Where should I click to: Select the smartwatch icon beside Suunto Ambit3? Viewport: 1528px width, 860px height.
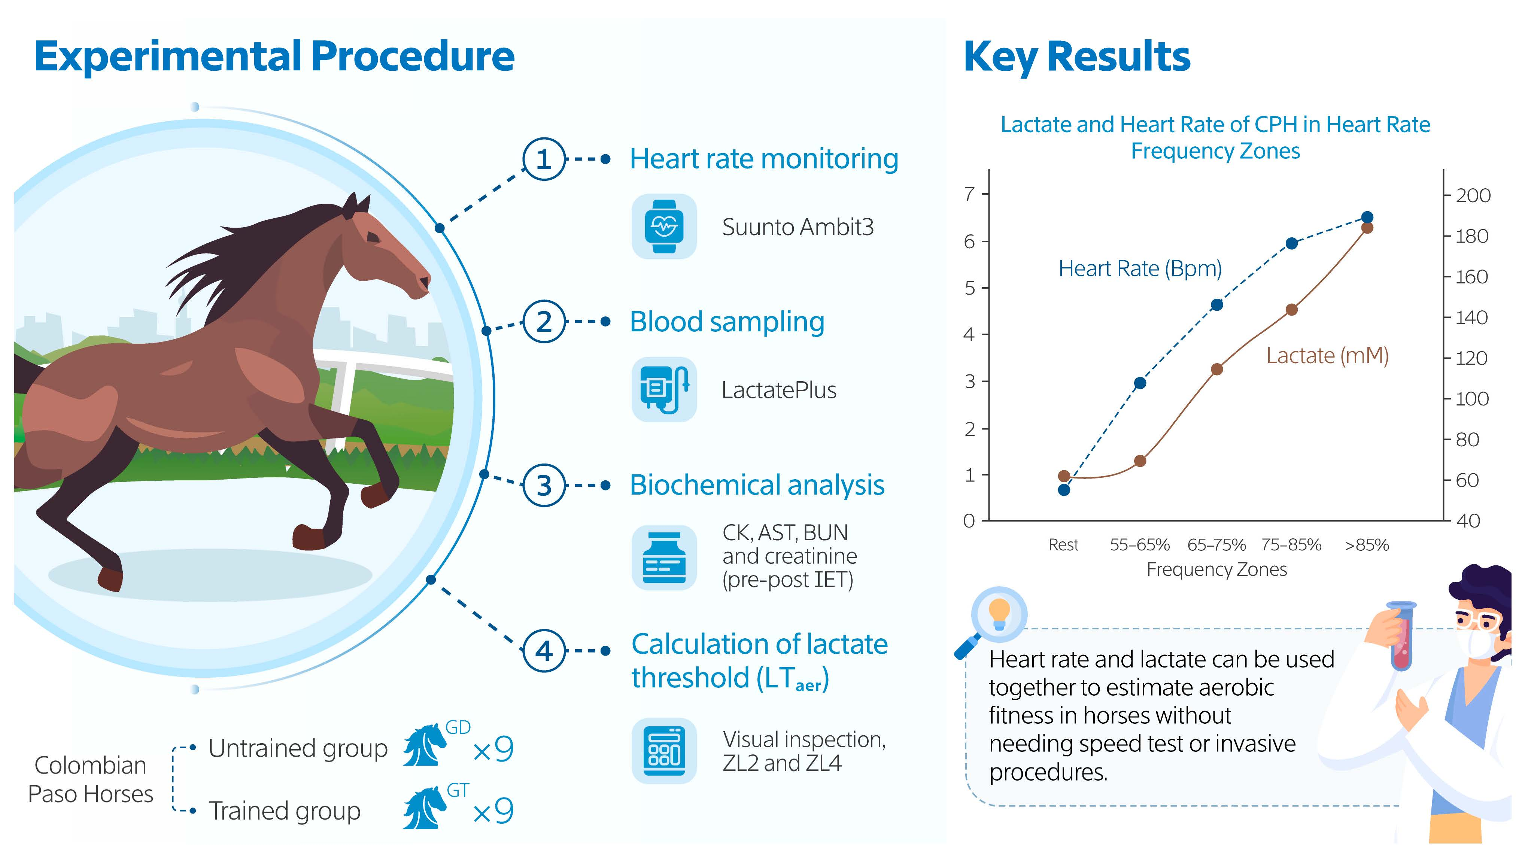click(664, 227)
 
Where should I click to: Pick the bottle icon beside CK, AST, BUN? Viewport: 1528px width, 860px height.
click(664, 557)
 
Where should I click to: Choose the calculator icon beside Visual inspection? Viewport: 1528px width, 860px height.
click(664, 750)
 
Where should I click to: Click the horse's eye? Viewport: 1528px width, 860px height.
click(373, 238)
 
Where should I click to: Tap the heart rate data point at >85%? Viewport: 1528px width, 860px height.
click(1367, 217)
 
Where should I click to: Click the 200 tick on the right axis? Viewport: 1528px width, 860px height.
click(1472, 195)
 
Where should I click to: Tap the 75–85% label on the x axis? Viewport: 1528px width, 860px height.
click(1291, 544)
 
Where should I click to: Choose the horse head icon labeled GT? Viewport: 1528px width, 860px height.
click(425, 808)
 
